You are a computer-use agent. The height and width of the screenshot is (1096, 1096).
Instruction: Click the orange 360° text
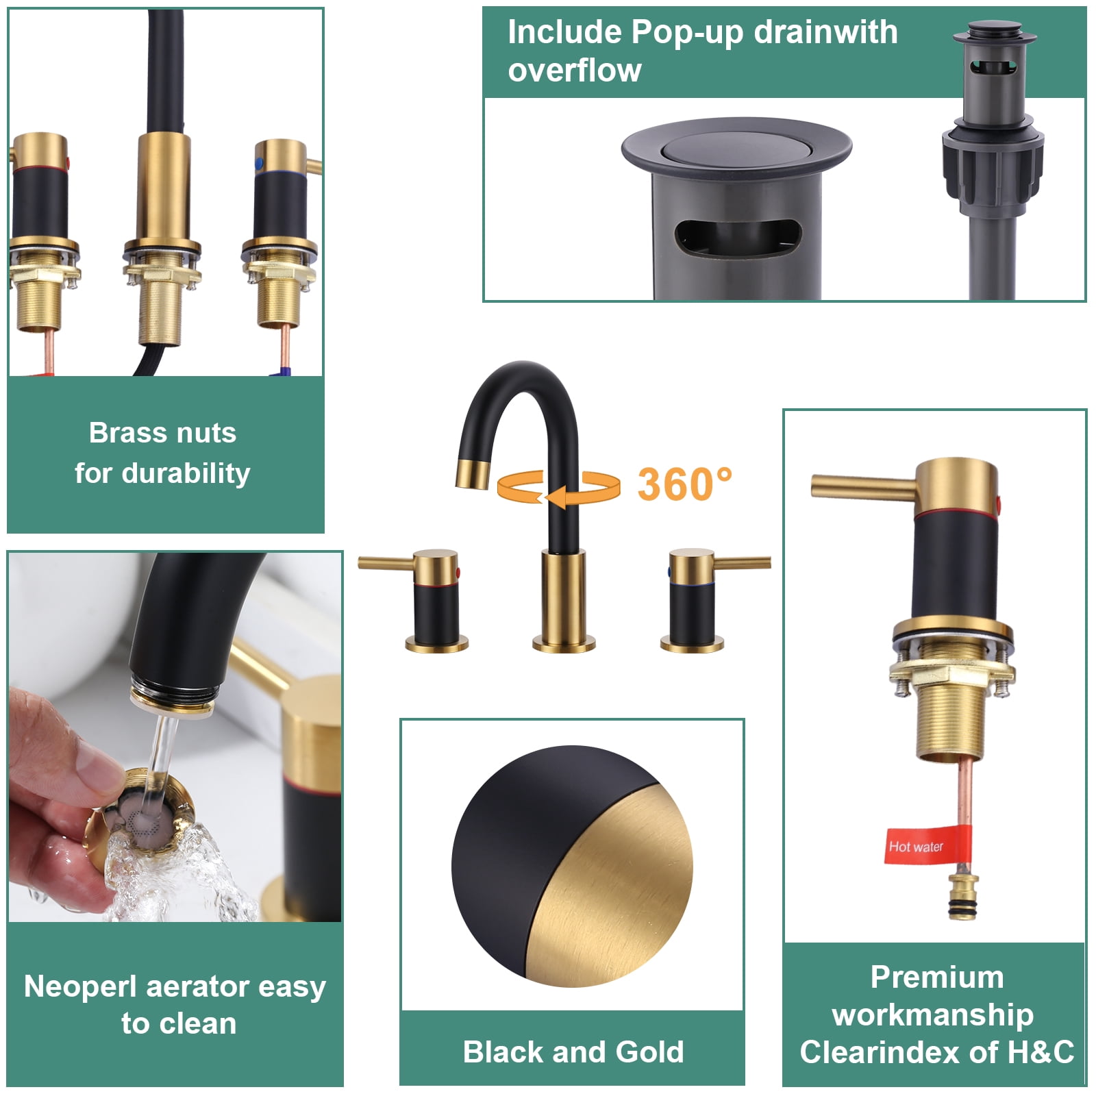(x=684, y=484)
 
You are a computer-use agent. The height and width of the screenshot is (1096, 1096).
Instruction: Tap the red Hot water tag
(x=926, y=845)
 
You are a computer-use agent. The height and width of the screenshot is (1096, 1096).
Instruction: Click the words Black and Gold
(x=573, y=1051)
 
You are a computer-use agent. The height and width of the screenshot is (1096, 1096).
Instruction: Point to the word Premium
(x=936, y=977)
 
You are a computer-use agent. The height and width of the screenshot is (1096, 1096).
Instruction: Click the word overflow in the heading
(x=575, y=71)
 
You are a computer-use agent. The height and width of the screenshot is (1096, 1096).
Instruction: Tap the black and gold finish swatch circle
(x=572, y=867)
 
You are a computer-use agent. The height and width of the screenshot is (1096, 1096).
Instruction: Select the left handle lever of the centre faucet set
(x=387, y=563)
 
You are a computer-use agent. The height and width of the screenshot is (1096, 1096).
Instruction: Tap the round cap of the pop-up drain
(x=736, y=149)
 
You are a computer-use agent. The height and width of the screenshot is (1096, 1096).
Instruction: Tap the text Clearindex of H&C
(x=936, y=1052)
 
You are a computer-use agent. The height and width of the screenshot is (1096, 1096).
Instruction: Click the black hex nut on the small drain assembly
(x=993, y=164)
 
